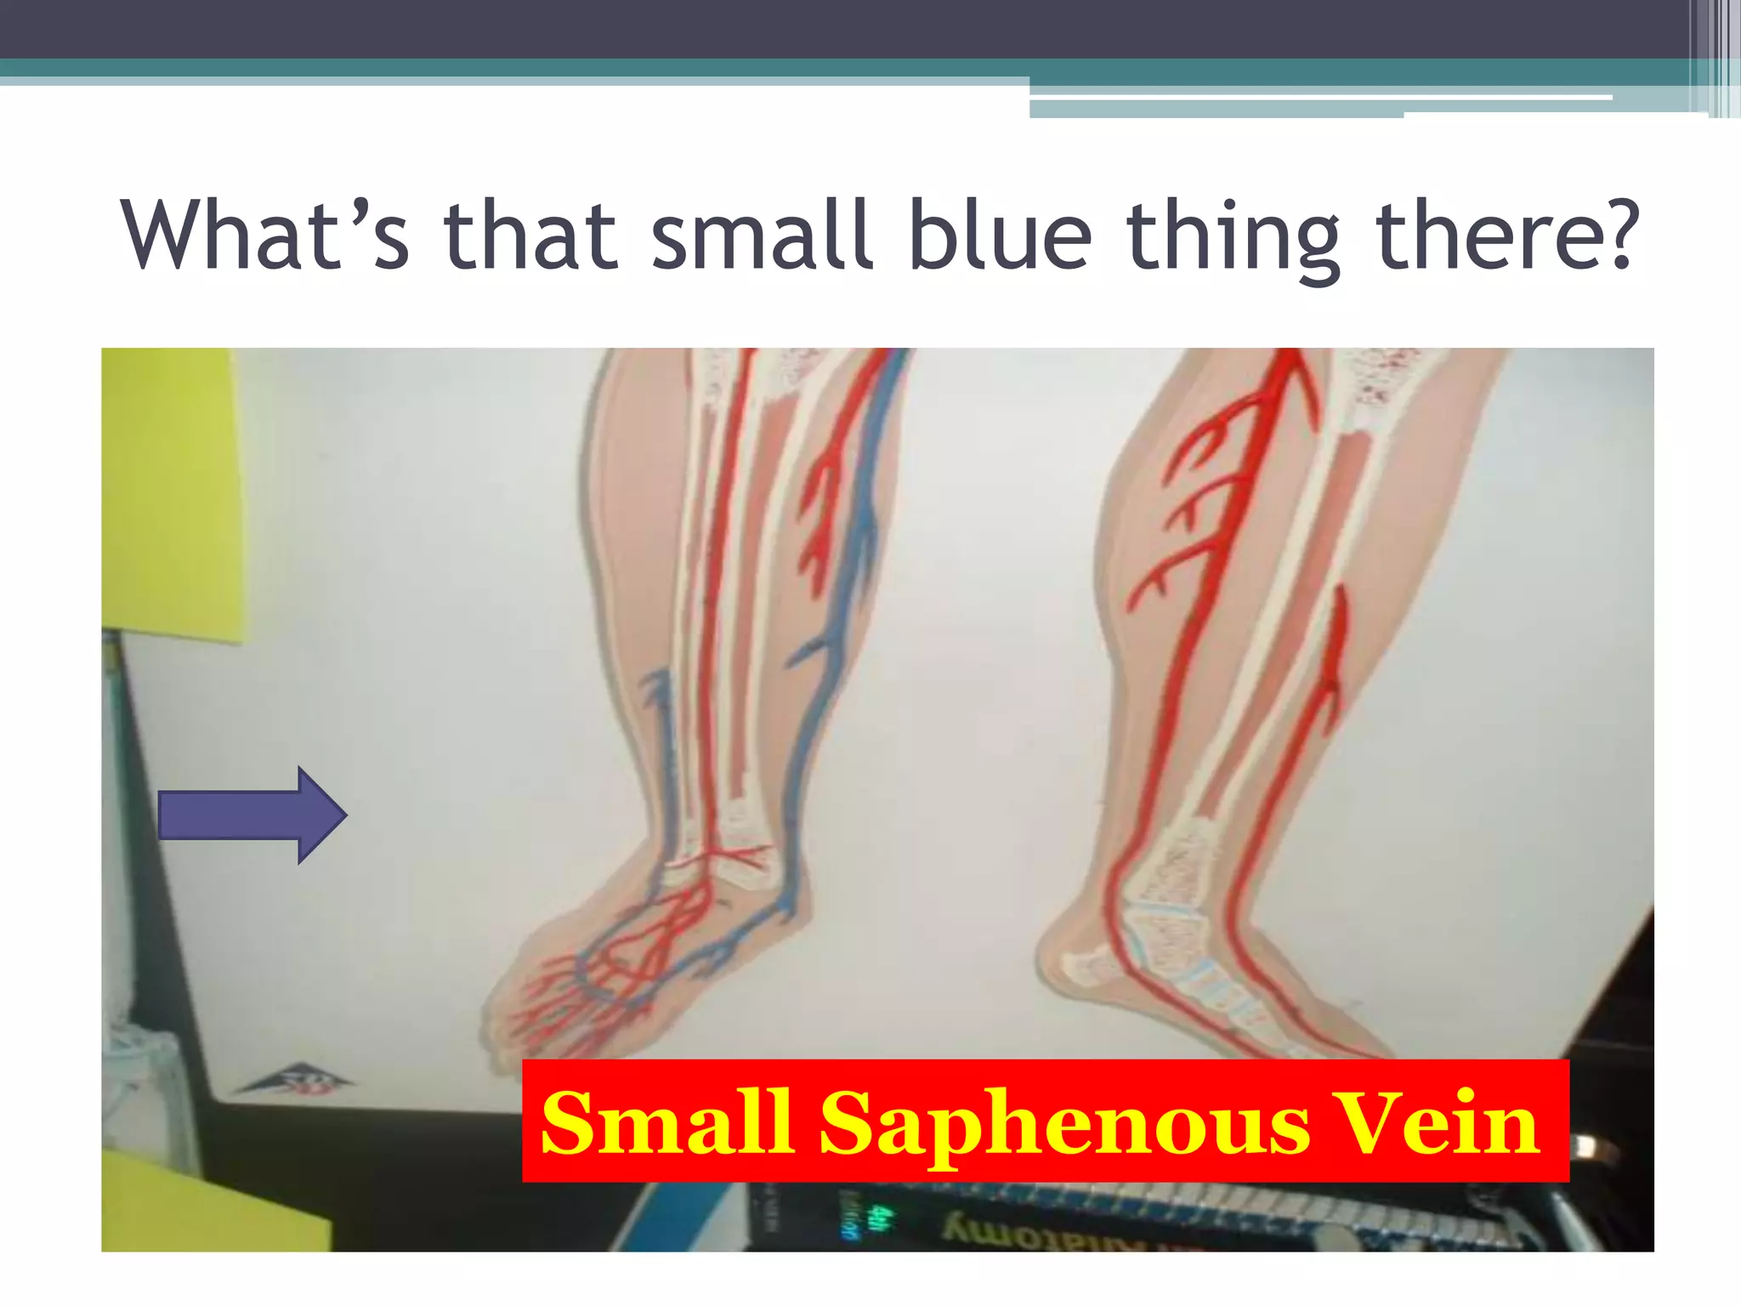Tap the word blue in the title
[1000, 234]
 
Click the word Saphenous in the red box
[1063, 1124]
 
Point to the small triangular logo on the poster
[294, 1081]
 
